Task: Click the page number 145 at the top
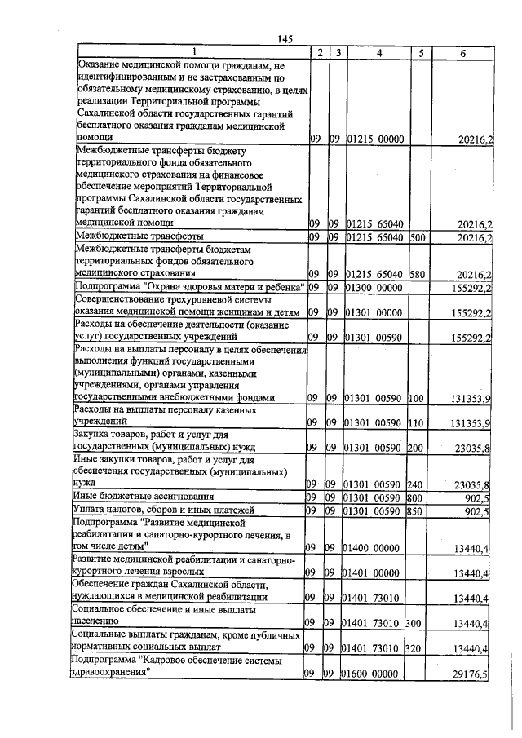pyautogui.click(x=285, y=39)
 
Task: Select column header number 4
pyautogui.click(x=378, y=53)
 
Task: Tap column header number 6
pyautogui.click(x=462, y=53)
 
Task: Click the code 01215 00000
pyautogui.click(x=376, y=139)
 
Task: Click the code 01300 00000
pyautogui.click(x=376, y=288)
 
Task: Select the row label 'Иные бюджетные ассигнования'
pyautogui.click(x=144, y=496)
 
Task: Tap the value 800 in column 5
pyautogui.click(x=416, y=497)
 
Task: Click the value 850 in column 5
pyautogui.click(x=416, y=511)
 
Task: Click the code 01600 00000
pyautogui.click(x=376, y=674)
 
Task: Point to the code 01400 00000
pyautogui.click(x=376, y=548)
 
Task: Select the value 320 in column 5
pyautogui.click(x=416, y=648)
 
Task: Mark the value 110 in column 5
pyautogui.click(x=416, y=422)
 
